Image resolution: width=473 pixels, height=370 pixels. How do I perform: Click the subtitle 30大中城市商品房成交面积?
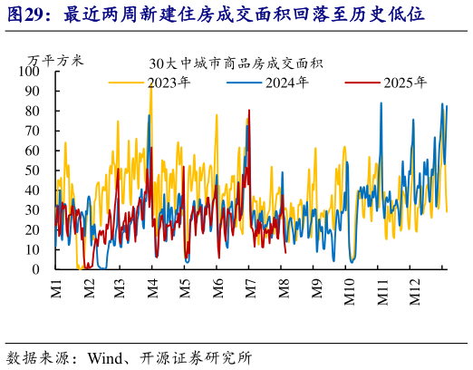236,64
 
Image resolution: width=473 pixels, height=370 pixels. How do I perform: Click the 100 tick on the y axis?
33,72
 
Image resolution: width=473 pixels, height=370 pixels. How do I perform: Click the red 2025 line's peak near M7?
249,112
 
